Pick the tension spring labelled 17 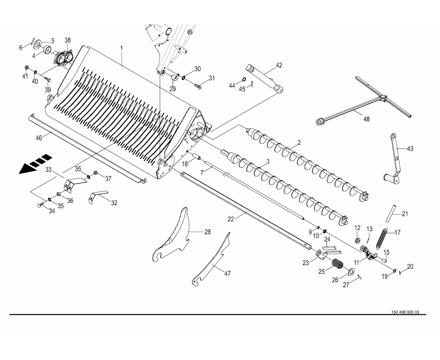coord(380,238)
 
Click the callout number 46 coord(39,137)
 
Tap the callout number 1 coord(122,48)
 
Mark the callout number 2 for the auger coord(298,142)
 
